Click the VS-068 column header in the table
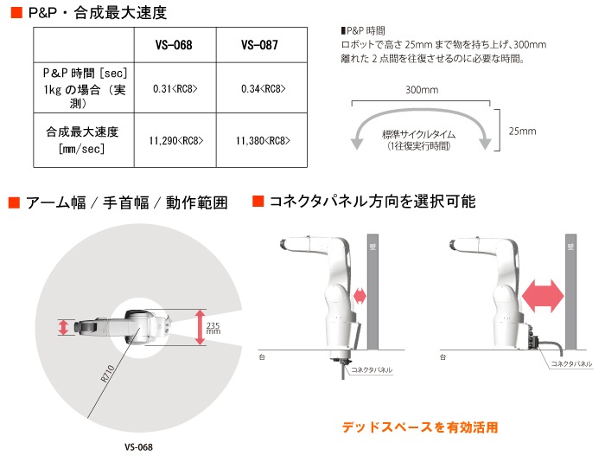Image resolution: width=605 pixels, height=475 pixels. tap(174, 45)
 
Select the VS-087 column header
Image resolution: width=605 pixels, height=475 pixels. tap(259, 45)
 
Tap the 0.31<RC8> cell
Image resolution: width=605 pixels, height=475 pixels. tap(175, 89)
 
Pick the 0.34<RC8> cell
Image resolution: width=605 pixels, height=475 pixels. tap(263, 89)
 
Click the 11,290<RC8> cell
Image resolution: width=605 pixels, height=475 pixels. tap(176, 140)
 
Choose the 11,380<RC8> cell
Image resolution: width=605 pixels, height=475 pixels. tap(263, 140)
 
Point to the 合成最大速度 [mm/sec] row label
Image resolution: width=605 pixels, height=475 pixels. tap(82, 140)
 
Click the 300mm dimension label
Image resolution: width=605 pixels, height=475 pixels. tap(422, 90)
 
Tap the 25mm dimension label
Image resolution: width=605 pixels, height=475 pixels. tap(522, 132)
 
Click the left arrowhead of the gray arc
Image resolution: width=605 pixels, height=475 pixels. tap(357, 144)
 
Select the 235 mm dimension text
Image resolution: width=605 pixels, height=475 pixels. tap(213, 328)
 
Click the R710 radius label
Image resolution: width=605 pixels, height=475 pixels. tap(108, 374)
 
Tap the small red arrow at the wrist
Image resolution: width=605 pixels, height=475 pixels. tap(63, 327)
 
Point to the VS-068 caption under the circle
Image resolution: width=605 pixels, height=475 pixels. tap(138, 447)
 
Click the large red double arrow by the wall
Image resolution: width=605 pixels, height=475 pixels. tap(543, 296)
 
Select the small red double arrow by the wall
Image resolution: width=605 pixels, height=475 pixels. tap(360, 296)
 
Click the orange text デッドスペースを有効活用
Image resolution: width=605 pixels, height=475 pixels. tap(420, 427)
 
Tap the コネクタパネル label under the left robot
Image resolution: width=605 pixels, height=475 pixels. tap(372, 370)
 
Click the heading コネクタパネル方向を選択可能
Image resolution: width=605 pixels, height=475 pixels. tap(373, 202)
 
